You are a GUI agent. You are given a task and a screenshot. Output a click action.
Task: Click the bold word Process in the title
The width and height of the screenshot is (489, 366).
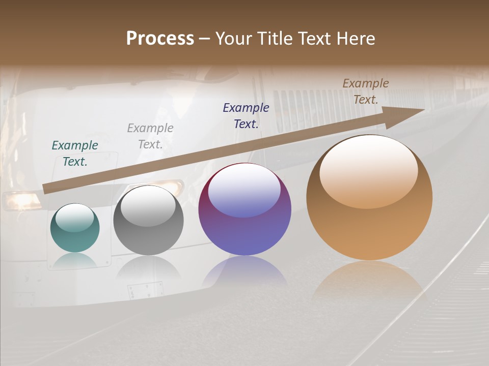[x=160, y=39]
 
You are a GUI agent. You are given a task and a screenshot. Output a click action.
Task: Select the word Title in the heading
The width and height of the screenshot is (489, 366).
[x=276, y=39]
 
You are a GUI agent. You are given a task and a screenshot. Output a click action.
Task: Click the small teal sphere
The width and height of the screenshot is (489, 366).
[x=75, y=228]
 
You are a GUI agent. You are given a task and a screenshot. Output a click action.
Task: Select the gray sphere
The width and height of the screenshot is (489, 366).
[x=148, y=221]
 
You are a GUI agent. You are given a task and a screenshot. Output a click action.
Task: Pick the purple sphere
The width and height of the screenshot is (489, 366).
[x=244, y=209]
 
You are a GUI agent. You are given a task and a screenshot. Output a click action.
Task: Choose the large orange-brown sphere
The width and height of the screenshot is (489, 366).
[x=369, y=198]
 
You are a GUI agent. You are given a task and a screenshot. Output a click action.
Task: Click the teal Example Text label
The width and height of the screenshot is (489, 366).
[x=75, y=153]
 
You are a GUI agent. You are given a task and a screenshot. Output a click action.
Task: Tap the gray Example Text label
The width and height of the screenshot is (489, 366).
[x=150, y=136]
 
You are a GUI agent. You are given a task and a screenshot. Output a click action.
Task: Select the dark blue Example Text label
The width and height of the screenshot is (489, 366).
[x=246, y=115]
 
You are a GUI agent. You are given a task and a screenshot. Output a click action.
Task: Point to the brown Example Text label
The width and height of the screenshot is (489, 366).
[x=366, y=91]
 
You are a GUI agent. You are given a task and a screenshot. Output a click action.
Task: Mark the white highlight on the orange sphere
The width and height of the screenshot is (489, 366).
[x=368, y=170]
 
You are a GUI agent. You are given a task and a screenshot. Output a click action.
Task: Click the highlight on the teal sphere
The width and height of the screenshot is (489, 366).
[x=75, y=218]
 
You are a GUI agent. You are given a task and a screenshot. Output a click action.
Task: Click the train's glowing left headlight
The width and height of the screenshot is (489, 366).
[x=21, y=200]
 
